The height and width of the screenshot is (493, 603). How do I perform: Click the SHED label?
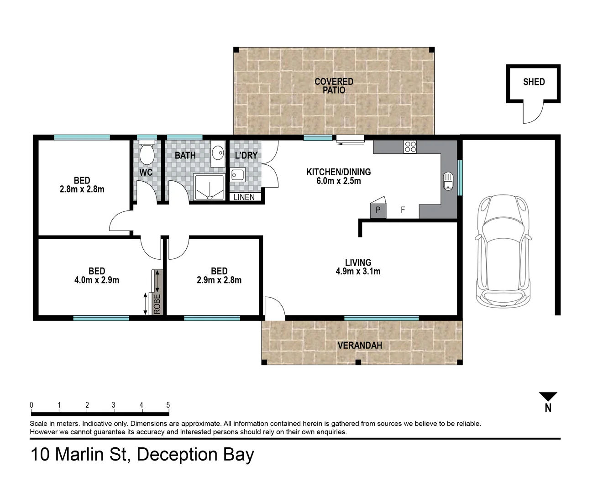(x=534, y=82)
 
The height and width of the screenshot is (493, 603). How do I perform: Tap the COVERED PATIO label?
(x=334, y=86)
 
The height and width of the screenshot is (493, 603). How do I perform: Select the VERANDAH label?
(x=359, y=345)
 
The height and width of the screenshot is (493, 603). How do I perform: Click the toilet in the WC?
(x=147, y=154)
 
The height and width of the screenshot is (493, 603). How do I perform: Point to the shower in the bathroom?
(x=210, y=187)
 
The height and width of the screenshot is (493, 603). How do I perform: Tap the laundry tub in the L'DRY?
(x=237, y=174)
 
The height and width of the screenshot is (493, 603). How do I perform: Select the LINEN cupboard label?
(x=244, y=197)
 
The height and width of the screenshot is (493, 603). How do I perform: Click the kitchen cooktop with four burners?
(x=410, y=147)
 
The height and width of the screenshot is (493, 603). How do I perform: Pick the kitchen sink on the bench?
(x=448, y=181)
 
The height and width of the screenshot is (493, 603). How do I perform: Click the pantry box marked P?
(x=378, y=210)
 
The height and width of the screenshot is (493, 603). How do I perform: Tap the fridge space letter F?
(x=403, y=210)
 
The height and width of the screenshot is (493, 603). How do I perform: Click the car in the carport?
(x=503, y=251)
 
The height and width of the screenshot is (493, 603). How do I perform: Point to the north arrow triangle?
(x=548, y=396)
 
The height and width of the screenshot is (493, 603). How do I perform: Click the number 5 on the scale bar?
(x=168, y=405)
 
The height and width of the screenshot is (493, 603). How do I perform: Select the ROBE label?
(x=157, y=304)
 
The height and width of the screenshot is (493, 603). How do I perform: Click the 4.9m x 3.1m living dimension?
(x=358, y=271)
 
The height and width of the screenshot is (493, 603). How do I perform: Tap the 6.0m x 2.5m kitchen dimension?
(x=338, y=181)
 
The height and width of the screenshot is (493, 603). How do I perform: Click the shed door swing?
(x=533, y=113)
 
